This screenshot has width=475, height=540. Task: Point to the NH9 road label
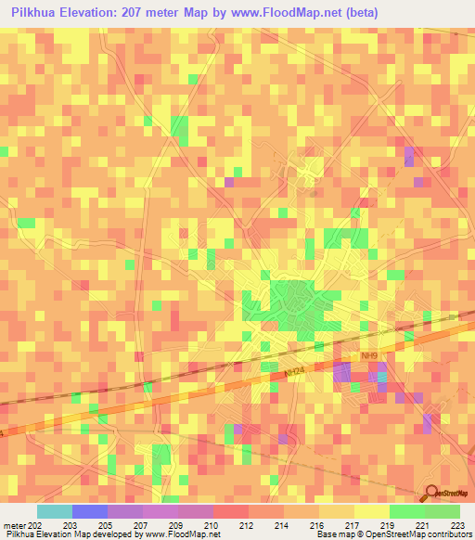click(x=368, y=356)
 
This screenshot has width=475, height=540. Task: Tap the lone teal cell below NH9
click(x=353, y=387)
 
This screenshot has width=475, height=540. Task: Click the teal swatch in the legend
click(x=55, y=511)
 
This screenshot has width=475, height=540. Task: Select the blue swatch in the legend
click(x=90, y=511)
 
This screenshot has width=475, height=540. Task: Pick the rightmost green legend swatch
click(x=443, y=511)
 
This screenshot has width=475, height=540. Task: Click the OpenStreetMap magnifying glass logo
click(x=430, y=495)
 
